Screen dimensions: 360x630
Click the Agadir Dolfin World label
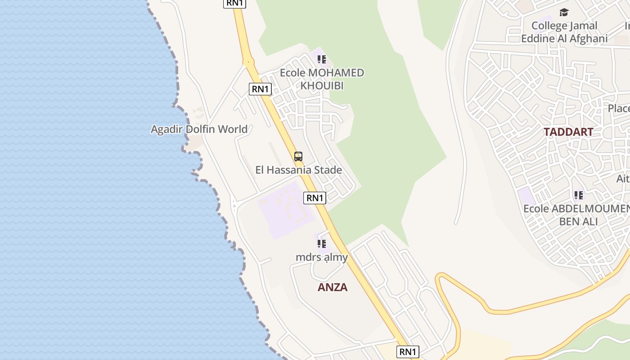point(199,130)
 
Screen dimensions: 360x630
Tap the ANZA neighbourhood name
point(333,288)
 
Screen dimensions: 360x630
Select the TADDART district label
point(568,132)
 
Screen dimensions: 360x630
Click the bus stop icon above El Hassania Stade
point(298,157)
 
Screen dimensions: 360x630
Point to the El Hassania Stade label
point(298,170)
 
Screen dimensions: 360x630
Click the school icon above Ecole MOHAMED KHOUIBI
point(321,59)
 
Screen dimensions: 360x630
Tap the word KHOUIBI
point(322,85)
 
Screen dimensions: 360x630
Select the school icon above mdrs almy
point(321,244)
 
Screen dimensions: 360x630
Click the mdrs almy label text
point(321,257)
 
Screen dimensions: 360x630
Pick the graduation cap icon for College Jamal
point(564,12)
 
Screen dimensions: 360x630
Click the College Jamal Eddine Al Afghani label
point(564,32)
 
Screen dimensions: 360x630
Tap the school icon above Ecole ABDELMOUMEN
point(578,195)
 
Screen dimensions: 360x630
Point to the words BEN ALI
point(578,222)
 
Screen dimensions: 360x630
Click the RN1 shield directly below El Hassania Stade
point(315,198)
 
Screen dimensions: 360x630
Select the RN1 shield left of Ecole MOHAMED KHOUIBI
point(260,89)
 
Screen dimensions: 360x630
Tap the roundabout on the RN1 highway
point(248,62)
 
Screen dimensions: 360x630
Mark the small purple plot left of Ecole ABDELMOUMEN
point(526,197)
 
